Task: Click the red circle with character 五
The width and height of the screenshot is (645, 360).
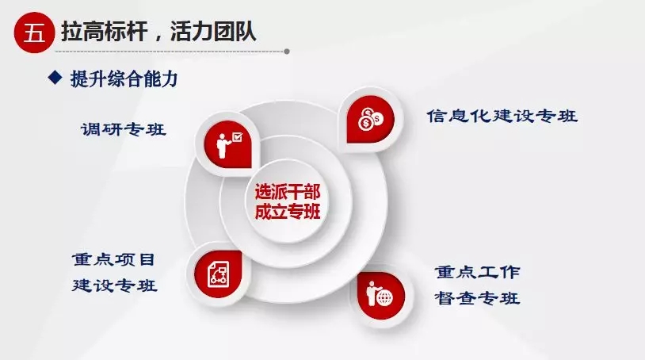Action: tap(34, 33)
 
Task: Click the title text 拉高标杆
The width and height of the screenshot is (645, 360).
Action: tap(104, 32)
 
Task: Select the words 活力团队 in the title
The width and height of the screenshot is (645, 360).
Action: tap(213, 32)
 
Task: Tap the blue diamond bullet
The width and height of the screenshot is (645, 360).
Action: tap(55, 77)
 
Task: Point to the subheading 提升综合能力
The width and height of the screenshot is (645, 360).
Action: tap(124, 79)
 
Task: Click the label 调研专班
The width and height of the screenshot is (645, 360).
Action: tap(124, 129)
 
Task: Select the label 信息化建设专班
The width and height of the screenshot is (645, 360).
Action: tap(502, 116)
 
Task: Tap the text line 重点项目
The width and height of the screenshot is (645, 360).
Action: tap(113, 259)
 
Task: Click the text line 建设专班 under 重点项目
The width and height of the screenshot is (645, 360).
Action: tap(114, 285)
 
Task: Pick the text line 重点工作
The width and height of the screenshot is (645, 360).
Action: tap(478, 272)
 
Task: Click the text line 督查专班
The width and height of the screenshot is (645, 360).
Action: tap(478, 298)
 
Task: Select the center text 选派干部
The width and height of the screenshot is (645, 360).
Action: tap(287, 192)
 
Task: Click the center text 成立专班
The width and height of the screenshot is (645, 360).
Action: tap(287, 212)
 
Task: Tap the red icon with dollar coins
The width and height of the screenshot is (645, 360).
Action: tap(370, 119)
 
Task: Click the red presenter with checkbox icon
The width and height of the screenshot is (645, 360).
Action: tap(228, 144)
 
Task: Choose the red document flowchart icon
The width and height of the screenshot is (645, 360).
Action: tap(218, 274)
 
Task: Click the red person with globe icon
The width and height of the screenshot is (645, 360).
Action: tap(381, 296)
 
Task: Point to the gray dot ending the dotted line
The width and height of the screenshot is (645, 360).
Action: tap(287, 52)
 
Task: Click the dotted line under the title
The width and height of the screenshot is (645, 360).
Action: tap(170, 52)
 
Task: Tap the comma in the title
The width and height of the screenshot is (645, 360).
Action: tap(158, 38)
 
